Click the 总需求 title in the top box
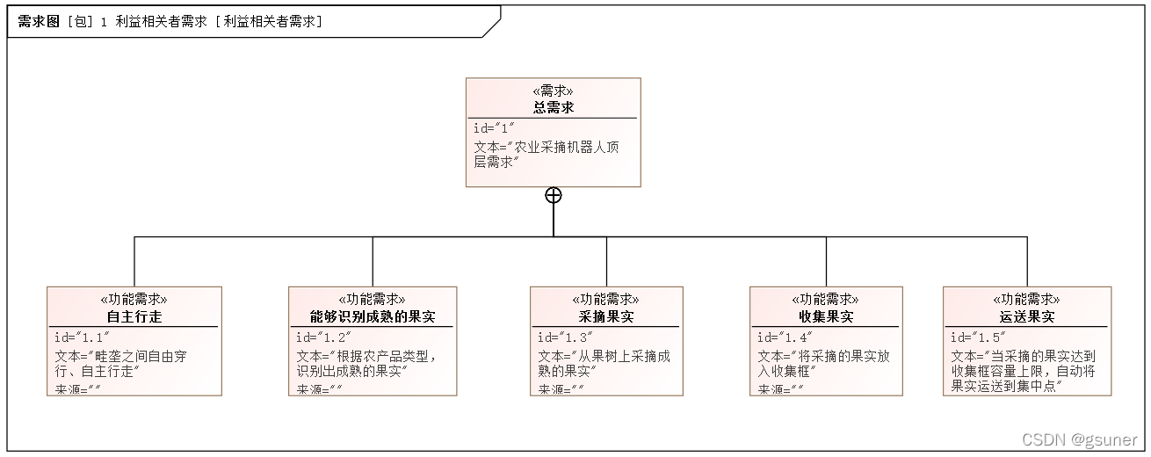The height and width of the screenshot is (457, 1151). pyautogui.click(x=553, y=107)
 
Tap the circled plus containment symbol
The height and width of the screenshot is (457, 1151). pyautogui.click(x=554, y=195)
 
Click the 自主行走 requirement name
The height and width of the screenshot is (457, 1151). pyautogui.click(x=134, y=316)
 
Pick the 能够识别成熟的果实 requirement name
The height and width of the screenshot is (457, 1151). pyautogui.click(x=373, y=316)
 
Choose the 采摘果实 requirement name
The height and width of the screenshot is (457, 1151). pyautogui.click(x=606, y=316)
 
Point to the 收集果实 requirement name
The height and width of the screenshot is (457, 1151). pyautogui.click(x=826, y=316)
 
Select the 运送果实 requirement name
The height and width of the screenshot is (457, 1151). pyautogui.click(x=1026, y=316)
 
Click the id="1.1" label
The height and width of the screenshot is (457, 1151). pyautogui.click(x=80, y=337)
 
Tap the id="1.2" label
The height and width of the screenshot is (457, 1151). pyautogui.click(x=322, y=337)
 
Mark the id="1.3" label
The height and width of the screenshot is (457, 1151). pyautogui.click(x=564, y=337)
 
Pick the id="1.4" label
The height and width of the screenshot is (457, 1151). pyautogui.click(x=784, y=337)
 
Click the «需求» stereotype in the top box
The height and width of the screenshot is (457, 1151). pyautogui.click(x=553, y=91)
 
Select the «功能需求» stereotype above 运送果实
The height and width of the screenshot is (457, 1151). pyautogui.click(x=1026, y=300)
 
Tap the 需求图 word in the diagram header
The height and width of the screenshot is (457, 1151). pyautogui.click(x=38, y=22)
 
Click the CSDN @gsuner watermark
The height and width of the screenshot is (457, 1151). pyautogui.click(x=1081, y=439)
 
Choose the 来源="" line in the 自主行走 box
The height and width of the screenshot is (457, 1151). pyautogui.click(x=76, y=389)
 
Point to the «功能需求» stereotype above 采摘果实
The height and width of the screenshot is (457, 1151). pyautogui.click(x=606, y=300)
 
